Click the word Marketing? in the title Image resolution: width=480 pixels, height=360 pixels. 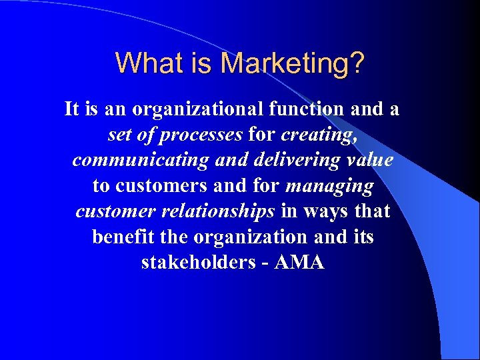[293, 63]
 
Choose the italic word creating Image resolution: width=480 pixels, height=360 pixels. [318, 135]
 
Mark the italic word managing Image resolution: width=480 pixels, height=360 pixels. [329, 185]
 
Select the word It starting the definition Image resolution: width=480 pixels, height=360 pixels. [71, 109]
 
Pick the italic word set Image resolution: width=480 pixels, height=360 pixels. [120, 135]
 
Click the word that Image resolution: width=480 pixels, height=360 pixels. [372, 211]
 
